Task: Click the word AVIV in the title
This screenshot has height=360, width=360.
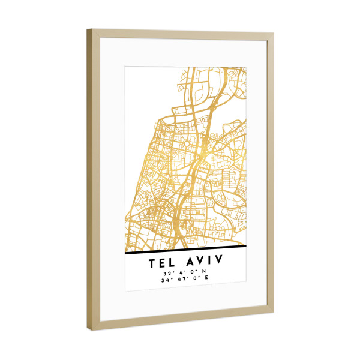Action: (x=203, y=262)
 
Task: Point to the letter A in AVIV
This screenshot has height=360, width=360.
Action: (x=188, y=262)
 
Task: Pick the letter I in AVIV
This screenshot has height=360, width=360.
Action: (x=209, y=262)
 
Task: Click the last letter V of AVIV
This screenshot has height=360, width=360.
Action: (x=218, y=262)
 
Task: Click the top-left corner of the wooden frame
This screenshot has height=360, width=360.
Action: (x=88, y=29)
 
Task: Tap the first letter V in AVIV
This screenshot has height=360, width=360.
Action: (x=199, y=262)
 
